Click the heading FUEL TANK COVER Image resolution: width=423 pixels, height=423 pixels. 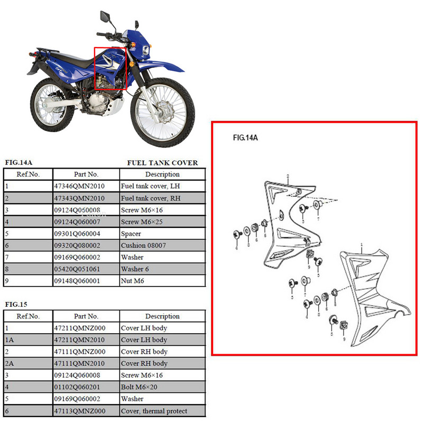tap(162, 163)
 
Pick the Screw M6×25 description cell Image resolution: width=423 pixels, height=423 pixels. tap(140, 222)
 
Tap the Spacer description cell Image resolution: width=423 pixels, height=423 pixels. tap(132, 234)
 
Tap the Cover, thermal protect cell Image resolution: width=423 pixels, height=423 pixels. tap(154, 411)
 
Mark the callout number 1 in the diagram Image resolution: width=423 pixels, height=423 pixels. tap(361, 245)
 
